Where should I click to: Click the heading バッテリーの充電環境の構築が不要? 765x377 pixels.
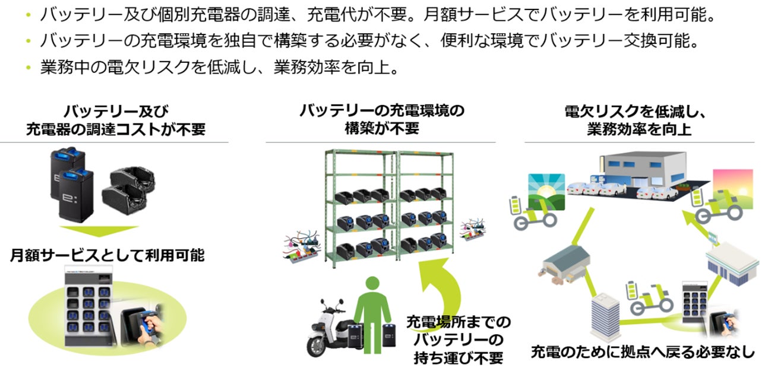click(x=381, y=119)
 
